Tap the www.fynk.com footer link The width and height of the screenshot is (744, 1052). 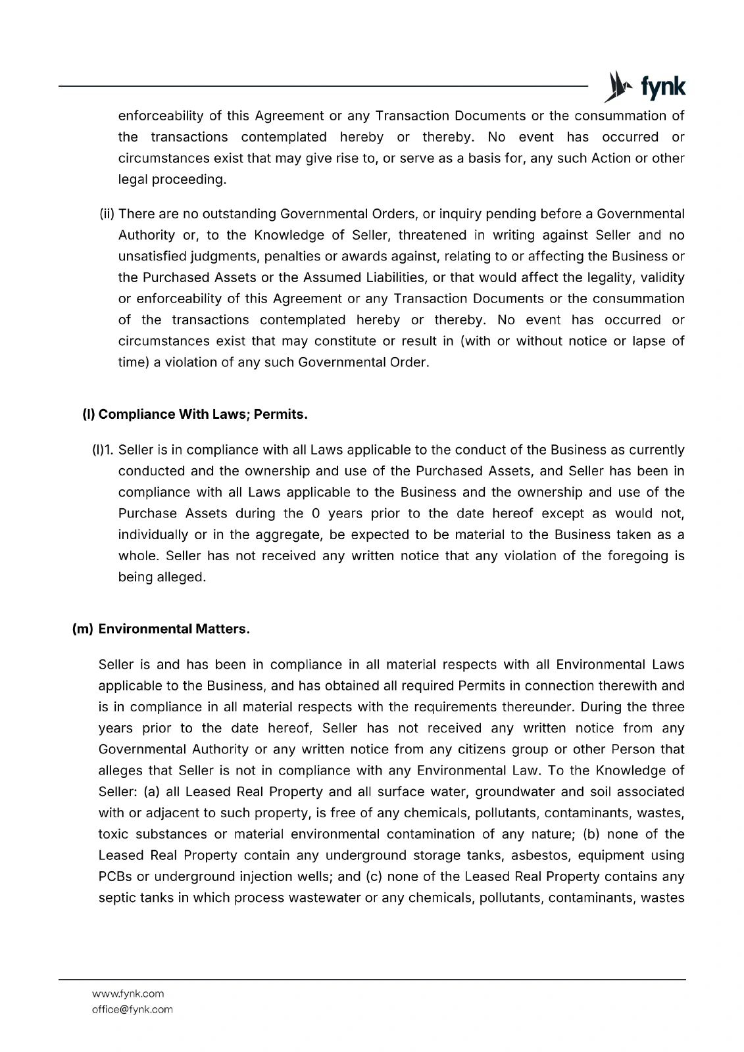[128, 993]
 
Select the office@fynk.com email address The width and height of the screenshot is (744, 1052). [132, 1009]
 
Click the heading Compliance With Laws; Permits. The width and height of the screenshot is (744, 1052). [195, 415]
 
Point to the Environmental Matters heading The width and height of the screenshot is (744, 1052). [174, 629]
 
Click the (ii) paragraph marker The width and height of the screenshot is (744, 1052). [107, 214]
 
